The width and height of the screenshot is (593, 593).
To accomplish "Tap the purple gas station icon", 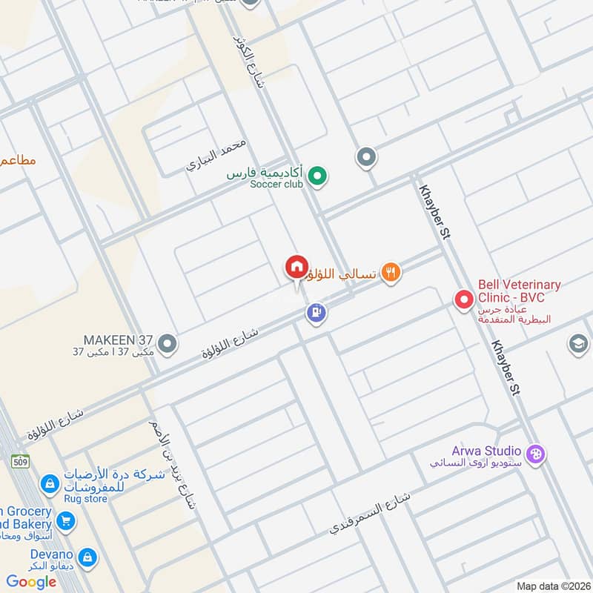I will click(x=317, y=314).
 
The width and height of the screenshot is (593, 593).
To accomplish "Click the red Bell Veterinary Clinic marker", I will click(x=464, y=299).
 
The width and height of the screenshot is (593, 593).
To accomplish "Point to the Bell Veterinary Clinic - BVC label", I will click(x=519, y=291).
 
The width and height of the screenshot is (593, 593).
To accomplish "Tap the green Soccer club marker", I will click(x=317, y=176).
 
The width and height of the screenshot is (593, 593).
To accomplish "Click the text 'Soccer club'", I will click(x=276, y=184).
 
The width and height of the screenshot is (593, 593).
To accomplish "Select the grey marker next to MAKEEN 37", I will click(x=168, y=343).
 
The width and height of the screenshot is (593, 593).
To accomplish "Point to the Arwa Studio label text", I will click(x=486, y=451).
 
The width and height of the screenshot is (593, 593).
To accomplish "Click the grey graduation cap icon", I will click(x=578, y=343).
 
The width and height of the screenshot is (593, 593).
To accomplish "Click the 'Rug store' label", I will click(x=85, y=499).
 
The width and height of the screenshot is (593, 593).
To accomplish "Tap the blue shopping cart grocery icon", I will click(x=66, y=522).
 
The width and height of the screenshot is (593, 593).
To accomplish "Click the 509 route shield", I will click(x=21, y=460).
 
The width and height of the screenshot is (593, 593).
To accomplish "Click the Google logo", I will click(x=31, y=582).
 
